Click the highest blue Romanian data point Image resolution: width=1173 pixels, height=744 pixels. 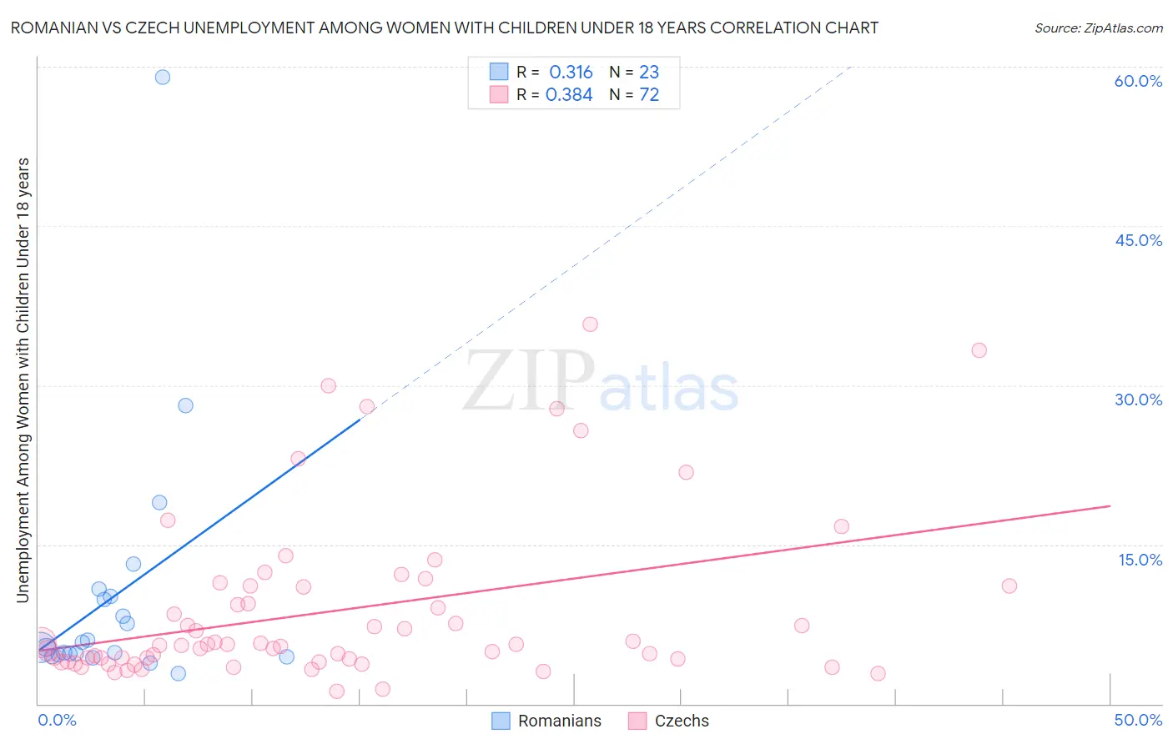coord(163,77)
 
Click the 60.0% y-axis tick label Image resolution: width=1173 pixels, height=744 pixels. coord(1138,81)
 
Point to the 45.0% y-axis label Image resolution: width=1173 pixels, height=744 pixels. coord(1138,240)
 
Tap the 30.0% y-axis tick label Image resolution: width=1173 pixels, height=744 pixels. coord(1138,400)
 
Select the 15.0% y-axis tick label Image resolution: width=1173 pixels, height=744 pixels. coord(1140,560)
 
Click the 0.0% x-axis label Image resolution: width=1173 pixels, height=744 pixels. coord(57,720)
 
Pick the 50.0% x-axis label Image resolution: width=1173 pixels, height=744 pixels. coord(1138,720)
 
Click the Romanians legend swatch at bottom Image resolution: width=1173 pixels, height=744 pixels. coord(501,721)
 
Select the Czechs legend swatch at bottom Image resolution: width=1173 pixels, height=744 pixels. coord(637,721)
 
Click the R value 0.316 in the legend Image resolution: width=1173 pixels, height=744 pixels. coord(571,72)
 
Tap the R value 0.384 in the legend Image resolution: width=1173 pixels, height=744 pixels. coord(569,95)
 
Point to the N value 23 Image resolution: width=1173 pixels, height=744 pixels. coord(649,72)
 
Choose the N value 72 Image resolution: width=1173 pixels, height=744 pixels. coord(649,95)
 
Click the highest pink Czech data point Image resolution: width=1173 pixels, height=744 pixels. coord(590,324)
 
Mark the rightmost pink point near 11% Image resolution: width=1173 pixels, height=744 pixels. coord(1009,586)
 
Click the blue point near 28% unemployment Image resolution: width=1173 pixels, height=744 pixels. coord(185,405)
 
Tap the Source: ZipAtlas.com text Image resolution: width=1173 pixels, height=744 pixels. coord(1098,28)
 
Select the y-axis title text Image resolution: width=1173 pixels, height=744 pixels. coord(23,380)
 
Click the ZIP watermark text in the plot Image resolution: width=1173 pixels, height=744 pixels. coord(529,382)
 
